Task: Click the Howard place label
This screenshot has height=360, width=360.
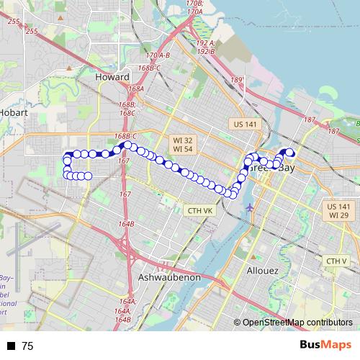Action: click(x=112, y=76)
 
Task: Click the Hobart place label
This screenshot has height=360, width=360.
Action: click(x=14, y=113)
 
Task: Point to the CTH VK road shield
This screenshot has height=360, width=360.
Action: click(x=199, y=211)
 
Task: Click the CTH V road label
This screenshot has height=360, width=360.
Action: click(x=336, y=261)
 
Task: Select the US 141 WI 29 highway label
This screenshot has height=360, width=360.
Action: click(x=338, y=210)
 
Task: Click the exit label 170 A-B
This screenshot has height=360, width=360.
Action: click(x=157, y=55)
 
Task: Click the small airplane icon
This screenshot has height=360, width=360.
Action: click(x=250, y=207)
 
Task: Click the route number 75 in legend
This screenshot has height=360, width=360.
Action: click(x=27, y=346)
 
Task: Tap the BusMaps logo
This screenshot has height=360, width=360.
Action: click(x=325, y=345)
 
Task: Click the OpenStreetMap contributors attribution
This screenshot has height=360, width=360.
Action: click(x=296, y=323)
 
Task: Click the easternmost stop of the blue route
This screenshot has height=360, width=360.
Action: click(x=291, y=152)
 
